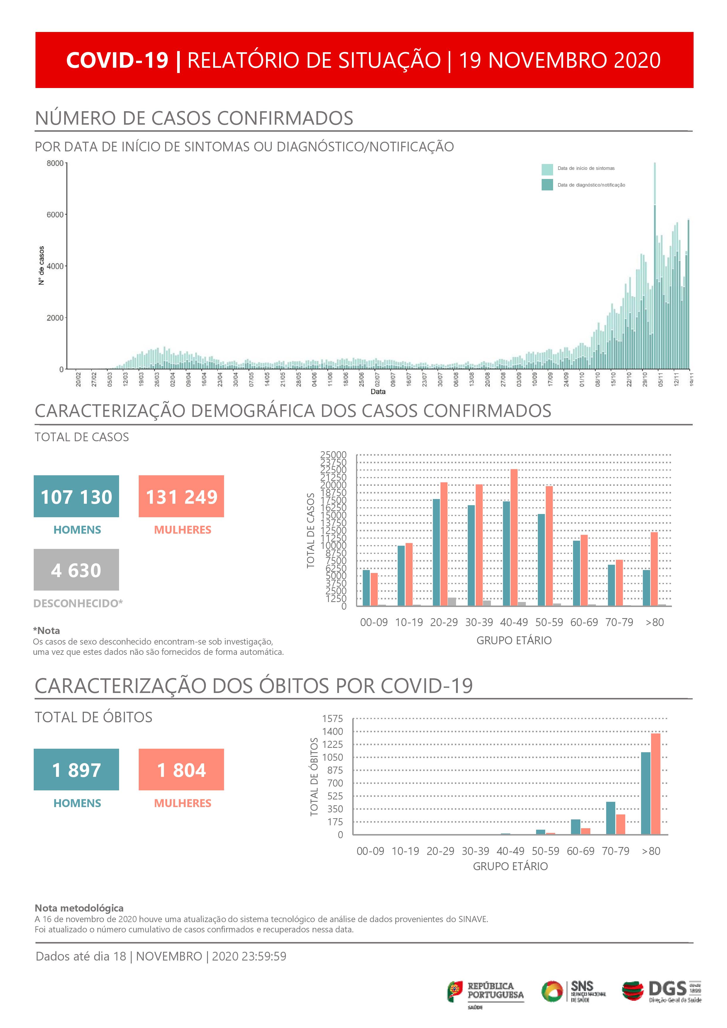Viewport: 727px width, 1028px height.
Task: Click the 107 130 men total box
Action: tap(76, 496)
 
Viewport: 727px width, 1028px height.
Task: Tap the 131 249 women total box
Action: tap(181, 496)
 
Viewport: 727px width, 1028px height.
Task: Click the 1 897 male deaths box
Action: tap(76, 769)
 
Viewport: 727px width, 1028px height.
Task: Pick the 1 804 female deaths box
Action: tap(181, 769)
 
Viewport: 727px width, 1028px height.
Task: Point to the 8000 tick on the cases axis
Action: tap(55, 163)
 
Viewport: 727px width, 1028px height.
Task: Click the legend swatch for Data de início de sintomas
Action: tap(547, 169)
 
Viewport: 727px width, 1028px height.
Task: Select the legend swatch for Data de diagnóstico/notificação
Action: tap(547, 185)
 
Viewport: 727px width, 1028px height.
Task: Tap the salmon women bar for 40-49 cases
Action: tap(514, 537)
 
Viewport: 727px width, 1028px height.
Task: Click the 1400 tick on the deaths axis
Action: tap(333, 732)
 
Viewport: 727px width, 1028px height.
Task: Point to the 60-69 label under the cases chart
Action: tap(584, 622)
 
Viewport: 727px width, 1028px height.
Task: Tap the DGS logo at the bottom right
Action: tap(662, 990)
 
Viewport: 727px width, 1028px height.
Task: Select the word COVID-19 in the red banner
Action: tap(117, 60)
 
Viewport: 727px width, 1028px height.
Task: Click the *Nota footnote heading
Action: tap(47, 630)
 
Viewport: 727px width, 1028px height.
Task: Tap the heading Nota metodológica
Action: tap(79, 908)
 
